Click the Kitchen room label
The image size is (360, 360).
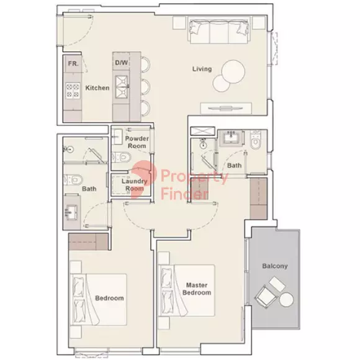pos(97,88)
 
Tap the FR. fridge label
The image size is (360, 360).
pos(73,63)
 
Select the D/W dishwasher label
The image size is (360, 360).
pos(122,63)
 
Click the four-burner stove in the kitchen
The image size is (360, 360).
pos(73,91)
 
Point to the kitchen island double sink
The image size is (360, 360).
pos(121,87)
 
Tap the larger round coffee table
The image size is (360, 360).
pos(233,71)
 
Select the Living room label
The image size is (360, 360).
pos(202,69)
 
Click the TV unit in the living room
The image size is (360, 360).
pos(226,108)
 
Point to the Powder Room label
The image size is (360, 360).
pos(137,142)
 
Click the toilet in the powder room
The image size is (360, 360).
pos(122,158)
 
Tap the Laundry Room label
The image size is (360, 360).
pos(134,185)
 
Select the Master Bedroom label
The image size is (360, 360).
pos(197,289)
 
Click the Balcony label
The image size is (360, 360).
pos(275,266)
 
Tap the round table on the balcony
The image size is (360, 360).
pos(286,300)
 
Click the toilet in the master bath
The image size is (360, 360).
pos(255,140)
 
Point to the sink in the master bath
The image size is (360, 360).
pos(231,138)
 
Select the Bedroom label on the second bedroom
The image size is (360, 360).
pos(109,298)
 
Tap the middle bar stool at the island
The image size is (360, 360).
pos(145,86)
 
